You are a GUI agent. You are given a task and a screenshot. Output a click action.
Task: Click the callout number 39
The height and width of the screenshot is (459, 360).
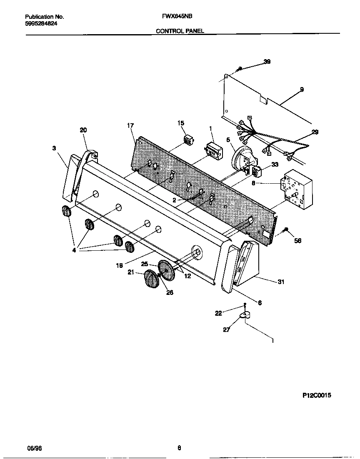click(x=267, y=62)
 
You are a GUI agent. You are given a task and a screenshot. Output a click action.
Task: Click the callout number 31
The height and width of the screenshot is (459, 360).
click(x=281, y=282)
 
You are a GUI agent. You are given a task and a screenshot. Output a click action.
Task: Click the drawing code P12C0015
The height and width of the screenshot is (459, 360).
click(x=317, y=396)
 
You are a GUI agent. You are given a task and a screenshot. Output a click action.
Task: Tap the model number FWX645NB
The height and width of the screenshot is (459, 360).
click(x=174, y=17)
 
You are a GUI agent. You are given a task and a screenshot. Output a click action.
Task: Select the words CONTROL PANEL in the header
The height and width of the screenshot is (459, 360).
click(x=180, y=31)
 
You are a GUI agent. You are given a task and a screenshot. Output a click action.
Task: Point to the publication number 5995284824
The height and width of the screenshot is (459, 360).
click(x=41, y=24)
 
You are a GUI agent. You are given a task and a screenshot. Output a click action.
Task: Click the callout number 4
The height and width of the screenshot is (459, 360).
click(x=74, y=251)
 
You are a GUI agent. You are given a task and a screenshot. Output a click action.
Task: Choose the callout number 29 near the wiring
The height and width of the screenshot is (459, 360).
click(x=315, y=132)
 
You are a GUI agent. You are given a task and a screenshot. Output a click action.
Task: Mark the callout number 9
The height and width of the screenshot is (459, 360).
click(x=302, y=89)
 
